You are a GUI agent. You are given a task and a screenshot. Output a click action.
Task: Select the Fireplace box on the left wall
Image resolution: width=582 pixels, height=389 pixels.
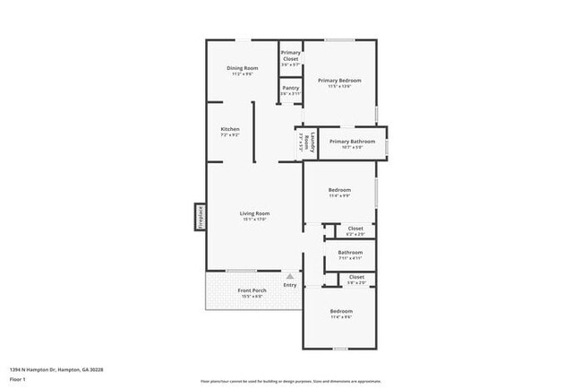pos(201,218)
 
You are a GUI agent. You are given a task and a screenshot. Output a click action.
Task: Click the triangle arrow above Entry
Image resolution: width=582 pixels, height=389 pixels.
pos(290,278)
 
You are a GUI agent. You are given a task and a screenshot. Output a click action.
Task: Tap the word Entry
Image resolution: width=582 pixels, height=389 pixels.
pos(290,286)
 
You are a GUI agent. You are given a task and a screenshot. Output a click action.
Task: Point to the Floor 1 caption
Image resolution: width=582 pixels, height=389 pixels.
pos(18,379)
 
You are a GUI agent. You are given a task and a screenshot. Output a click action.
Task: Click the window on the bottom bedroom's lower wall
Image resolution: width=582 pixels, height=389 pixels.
pos(339,349)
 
